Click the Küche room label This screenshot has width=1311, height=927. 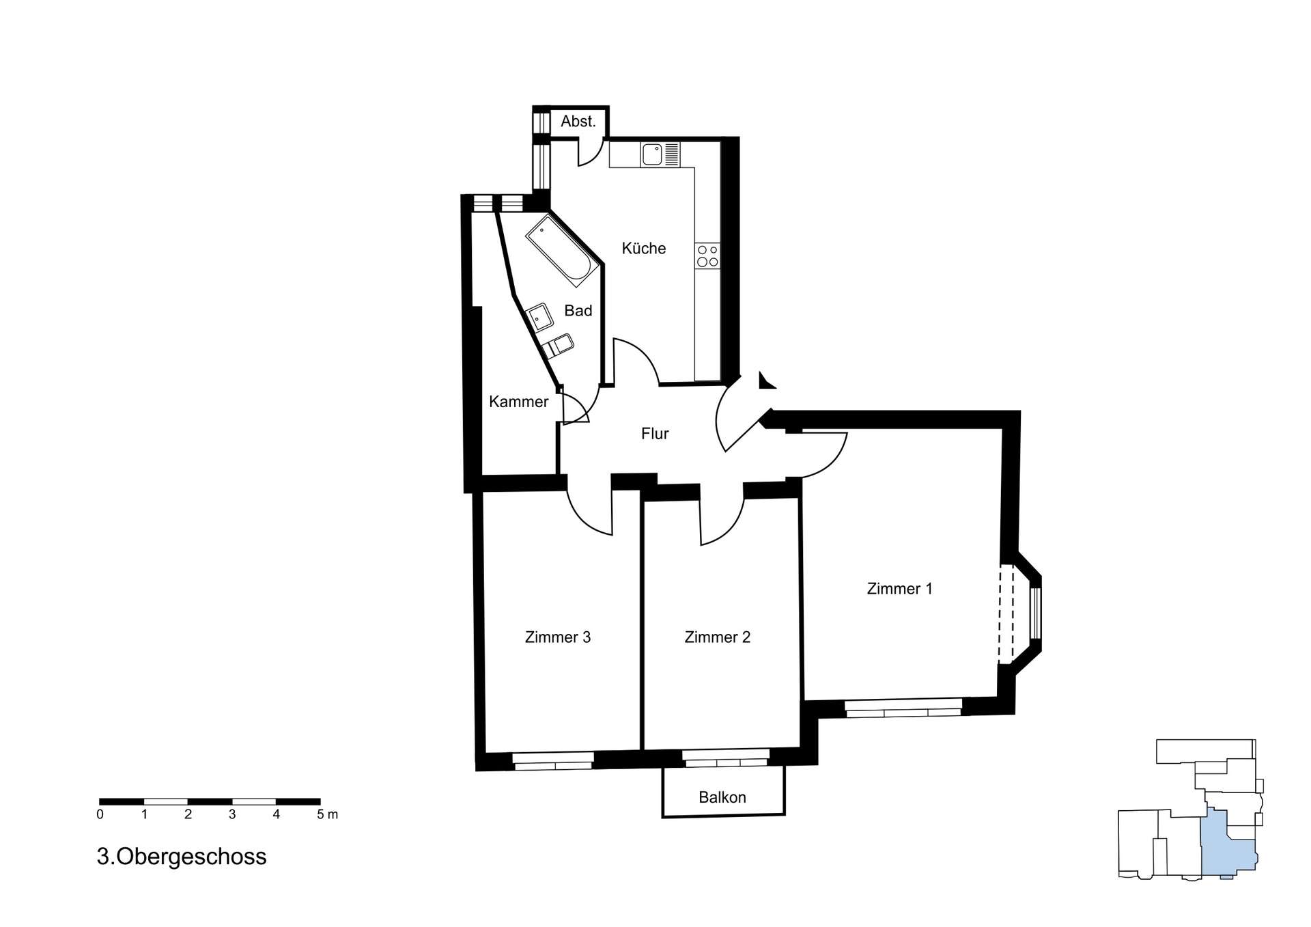point(643,249)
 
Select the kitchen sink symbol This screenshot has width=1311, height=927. point(652,154)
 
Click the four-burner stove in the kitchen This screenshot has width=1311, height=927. point(707,255)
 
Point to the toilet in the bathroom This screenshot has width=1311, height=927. point(559,345)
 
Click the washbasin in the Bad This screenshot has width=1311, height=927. point(540,318)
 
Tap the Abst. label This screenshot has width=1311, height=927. point(578,122)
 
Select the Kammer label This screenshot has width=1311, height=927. point(518,402)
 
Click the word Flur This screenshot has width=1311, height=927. point(654,434)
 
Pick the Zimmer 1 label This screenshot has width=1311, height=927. point(899,589)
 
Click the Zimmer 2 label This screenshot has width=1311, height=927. point(717,637)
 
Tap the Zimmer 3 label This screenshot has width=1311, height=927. point(557,637)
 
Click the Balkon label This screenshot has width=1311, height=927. point(722,797)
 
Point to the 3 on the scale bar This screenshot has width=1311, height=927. point(232,814)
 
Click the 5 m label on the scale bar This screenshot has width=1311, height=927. point(327,814)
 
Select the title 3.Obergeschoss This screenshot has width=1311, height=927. point(182,857)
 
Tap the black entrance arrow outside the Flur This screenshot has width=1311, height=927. point(766,381)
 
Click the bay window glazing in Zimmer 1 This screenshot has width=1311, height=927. point(1036,613)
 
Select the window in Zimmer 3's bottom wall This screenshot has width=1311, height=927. point(553,760)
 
